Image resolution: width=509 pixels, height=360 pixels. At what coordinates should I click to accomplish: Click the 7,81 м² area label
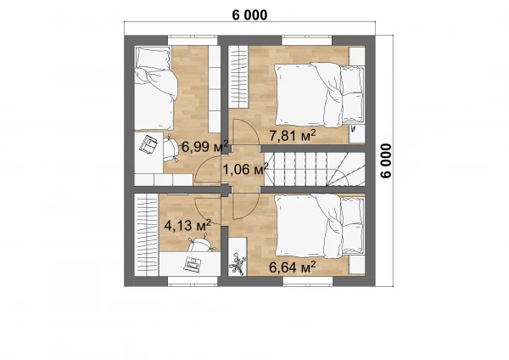coord(293,135)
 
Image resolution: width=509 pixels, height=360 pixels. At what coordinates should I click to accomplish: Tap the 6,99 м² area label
coord(204,146)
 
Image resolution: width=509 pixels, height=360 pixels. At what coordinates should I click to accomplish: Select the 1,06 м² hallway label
coord(245,169)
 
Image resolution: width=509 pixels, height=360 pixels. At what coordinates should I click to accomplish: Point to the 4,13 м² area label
coord(188,225)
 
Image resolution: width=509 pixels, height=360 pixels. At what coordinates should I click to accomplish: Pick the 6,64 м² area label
coord(293,267)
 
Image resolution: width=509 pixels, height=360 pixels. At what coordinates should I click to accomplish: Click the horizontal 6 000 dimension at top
coord(249,15)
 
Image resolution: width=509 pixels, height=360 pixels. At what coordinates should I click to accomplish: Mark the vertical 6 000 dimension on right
coord(386,160)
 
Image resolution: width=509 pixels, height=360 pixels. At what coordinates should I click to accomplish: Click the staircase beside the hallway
coord(315,169)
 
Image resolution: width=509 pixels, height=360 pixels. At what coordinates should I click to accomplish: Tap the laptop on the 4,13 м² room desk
coord(193,263)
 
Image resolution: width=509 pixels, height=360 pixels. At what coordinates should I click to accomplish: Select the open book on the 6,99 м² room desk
coord(148,144)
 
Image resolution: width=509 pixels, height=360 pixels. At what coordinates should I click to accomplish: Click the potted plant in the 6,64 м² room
coord(238,264)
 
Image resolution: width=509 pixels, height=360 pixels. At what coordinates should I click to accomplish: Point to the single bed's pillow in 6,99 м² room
coord(154,59)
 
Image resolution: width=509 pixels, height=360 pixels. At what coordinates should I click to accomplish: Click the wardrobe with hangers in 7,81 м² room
coord(238,76)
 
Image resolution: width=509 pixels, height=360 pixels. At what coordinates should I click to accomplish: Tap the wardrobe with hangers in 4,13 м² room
coord(147,234)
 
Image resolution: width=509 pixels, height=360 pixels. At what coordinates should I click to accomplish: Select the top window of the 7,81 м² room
coord(307,40)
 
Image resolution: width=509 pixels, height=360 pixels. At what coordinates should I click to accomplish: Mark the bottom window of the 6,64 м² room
coord(308,281)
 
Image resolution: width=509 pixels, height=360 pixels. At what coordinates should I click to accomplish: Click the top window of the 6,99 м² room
coord(193,40)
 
